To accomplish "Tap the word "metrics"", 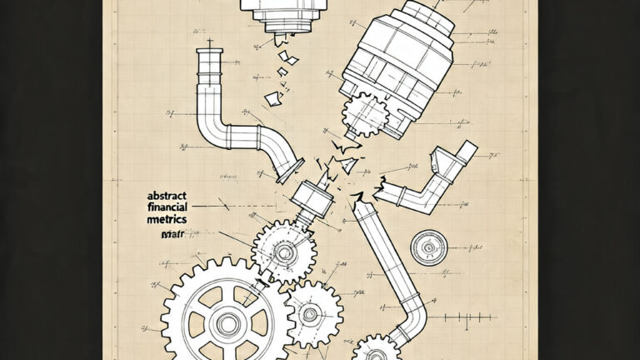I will coord(165,218).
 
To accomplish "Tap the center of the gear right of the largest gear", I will coord(310,314).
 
